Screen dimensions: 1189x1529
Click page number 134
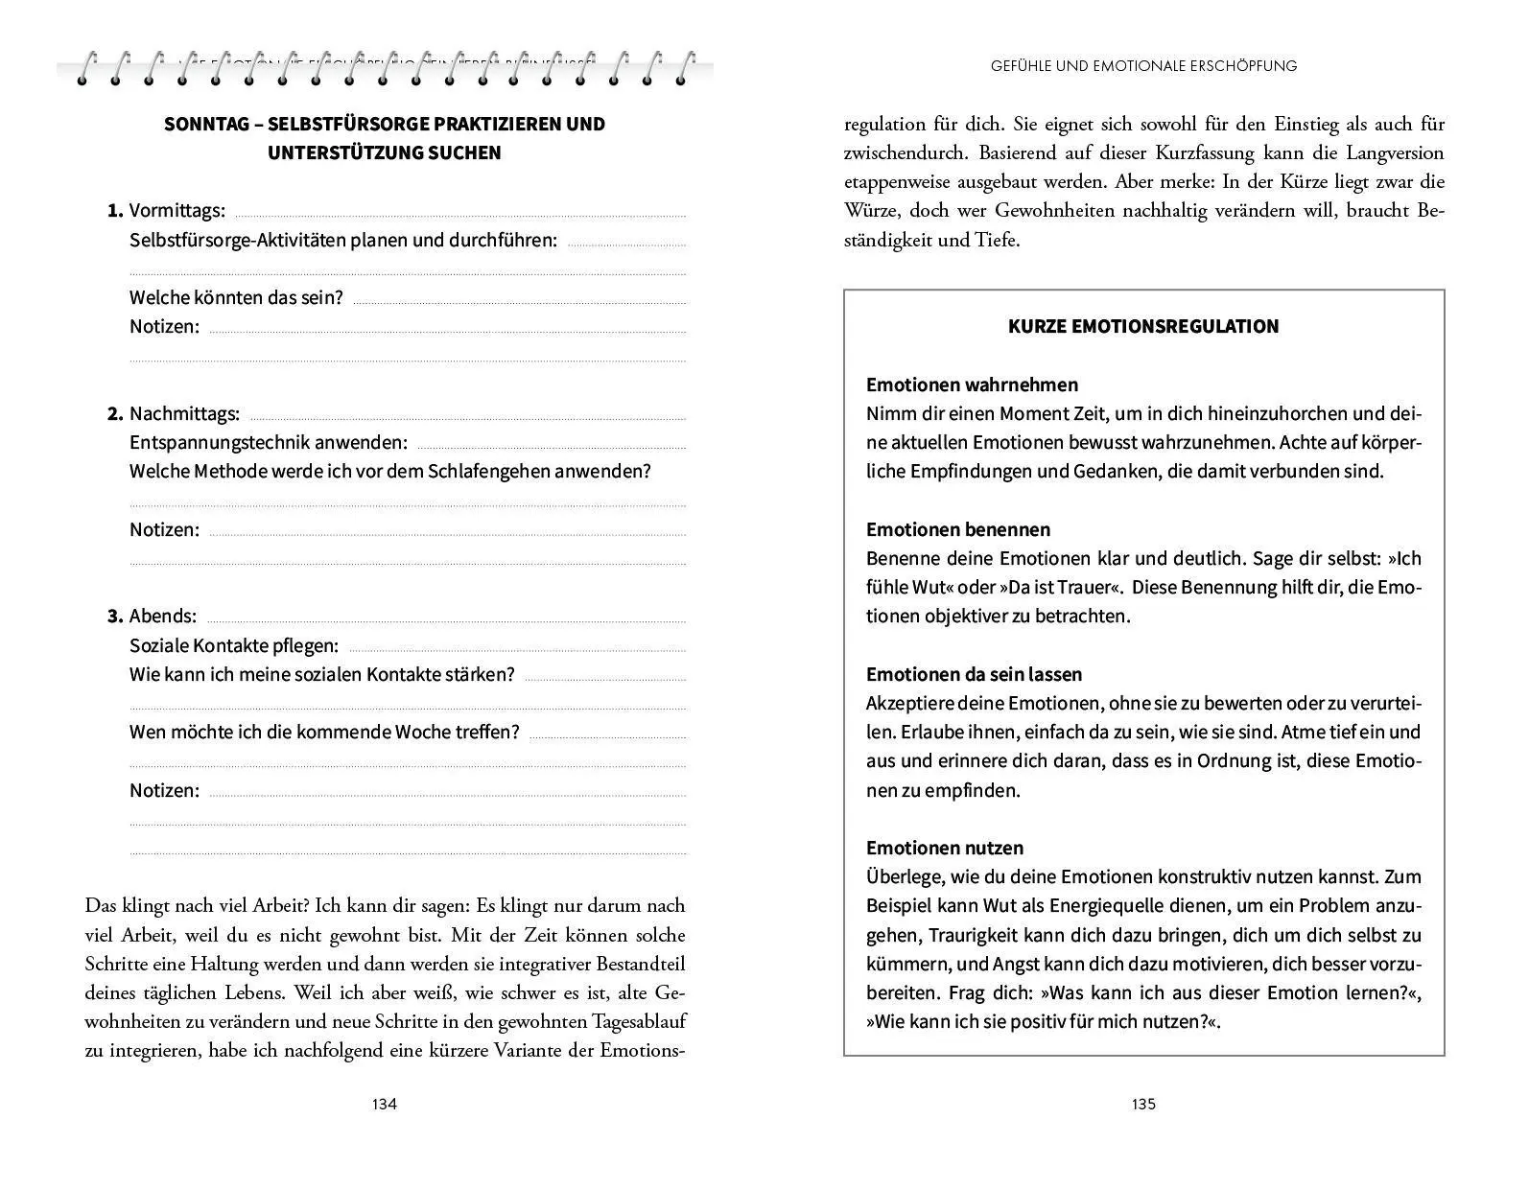click(x=384, y=1104)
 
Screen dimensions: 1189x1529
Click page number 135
click(x=1143, y=1104)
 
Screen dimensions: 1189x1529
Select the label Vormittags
click(x=177, y=210)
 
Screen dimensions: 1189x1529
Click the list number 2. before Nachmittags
click(x=115, y=414)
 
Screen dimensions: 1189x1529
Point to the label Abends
click(x=162, y=616)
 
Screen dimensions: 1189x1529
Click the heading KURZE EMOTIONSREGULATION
click(x=1142, y=326)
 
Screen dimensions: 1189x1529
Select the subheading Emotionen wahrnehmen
click(x=972, y=385)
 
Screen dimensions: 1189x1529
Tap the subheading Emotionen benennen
click(x=957, y=529)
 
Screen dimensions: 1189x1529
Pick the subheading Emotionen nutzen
click(x=944, y=848)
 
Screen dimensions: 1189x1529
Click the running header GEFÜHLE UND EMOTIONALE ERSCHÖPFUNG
click(x=1143, y=66)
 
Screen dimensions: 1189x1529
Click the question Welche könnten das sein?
click(x=236, y=297)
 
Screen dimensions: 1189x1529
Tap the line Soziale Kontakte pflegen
click(x=233, y=645)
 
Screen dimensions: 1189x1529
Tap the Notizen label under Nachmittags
click(x=164, y=529)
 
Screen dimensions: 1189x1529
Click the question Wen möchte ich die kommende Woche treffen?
click(x=324, y=733)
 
